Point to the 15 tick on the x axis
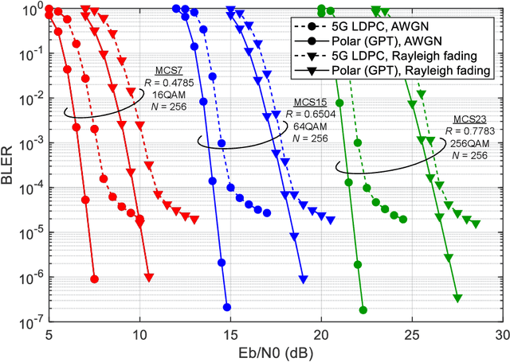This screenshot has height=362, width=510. coord(229,333)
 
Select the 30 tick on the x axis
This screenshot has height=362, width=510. coord(500,333)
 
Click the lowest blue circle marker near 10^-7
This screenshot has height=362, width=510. coord(226,307)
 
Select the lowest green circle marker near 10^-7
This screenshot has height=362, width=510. coord(363,309)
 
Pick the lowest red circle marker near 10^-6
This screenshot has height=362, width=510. coord(95,278)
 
